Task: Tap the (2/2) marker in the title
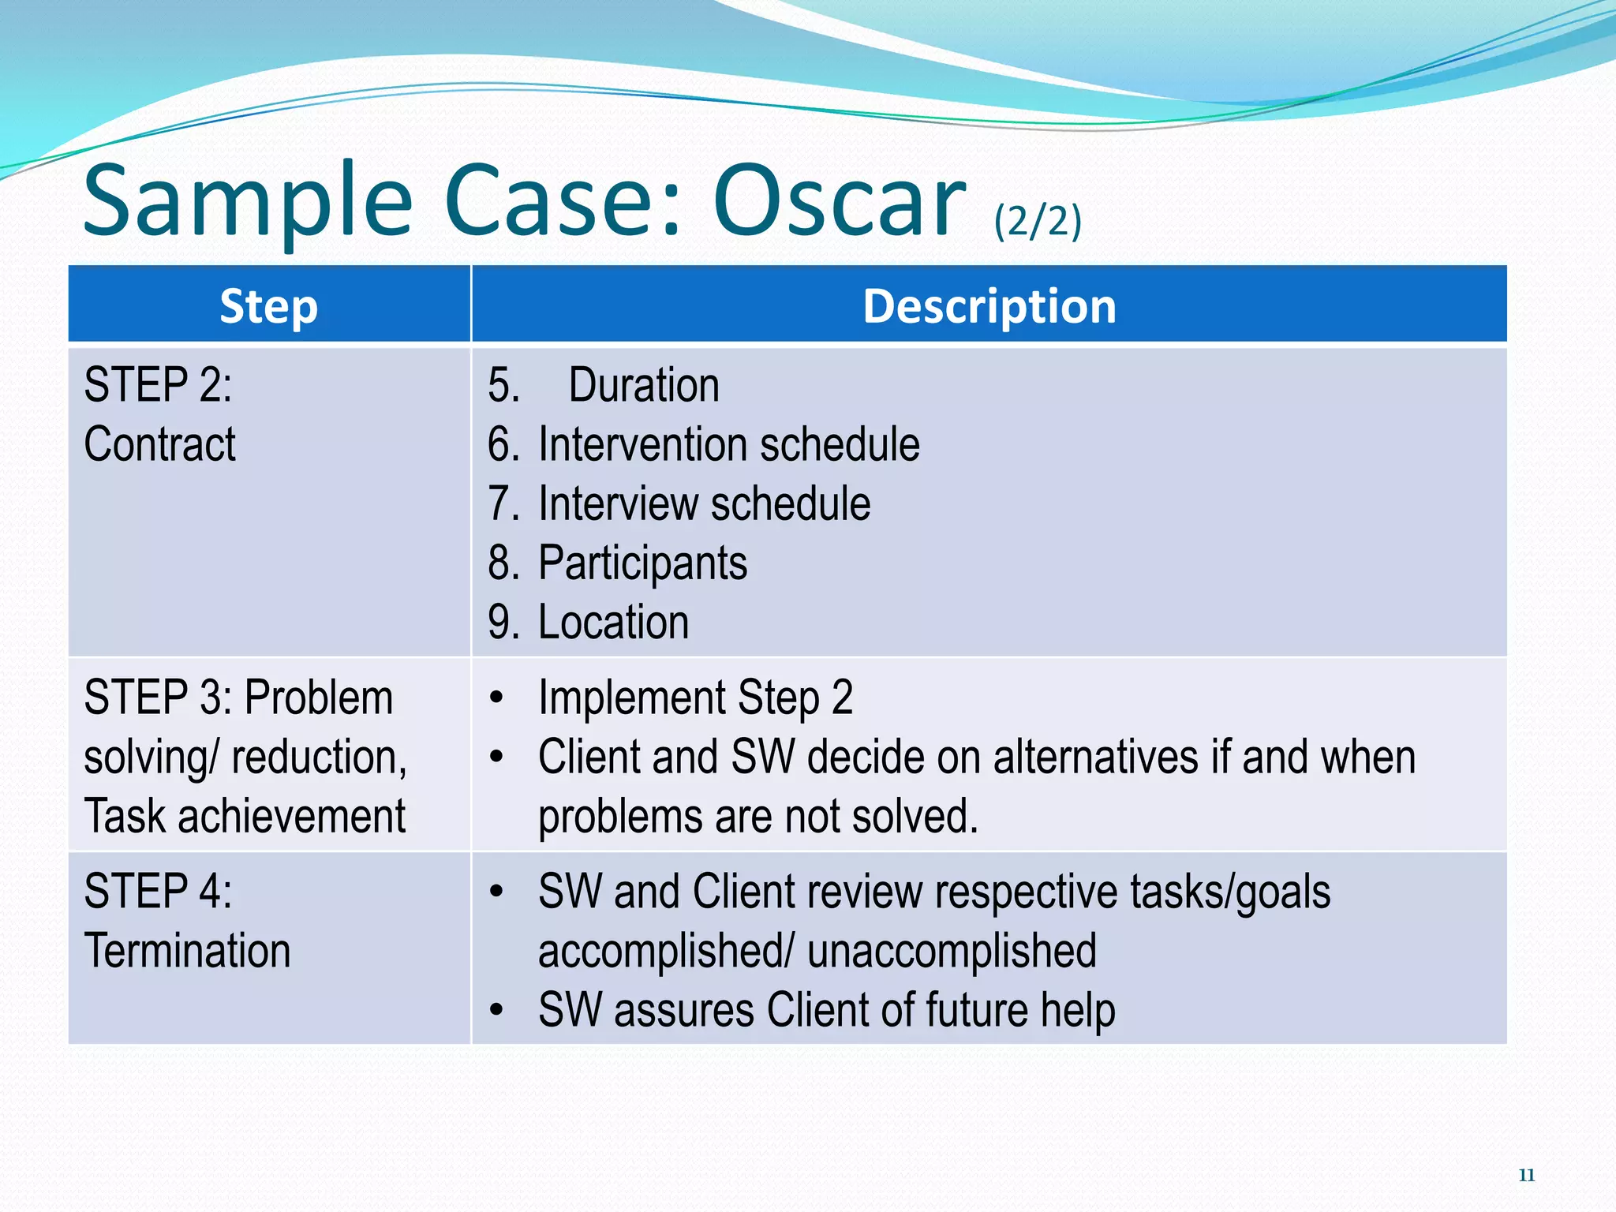click(x=1038, y=221)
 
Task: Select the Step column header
click(x=269, y=306)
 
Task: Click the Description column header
click(x=989, y=306)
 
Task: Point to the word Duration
click(x=644, y=385)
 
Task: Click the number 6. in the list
click(x=503, y=444)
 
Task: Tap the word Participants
click(x=642, y=563)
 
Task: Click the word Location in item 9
click(x=613, y=622)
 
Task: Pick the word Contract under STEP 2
click(x=159, y=444)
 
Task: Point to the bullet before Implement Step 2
click(x=496, y=698)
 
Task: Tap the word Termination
click(x=187, y=950)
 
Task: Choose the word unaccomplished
click(x=952, y=950)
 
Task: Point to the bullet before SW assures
click(x=496, y=1010)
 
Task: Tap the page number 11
click(x=1526, y=1175)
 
